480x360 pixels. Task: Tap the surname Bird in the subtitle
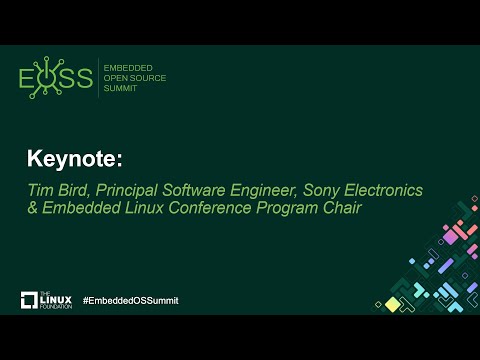[71, 190]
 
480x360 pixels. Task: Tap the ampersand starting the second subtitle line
[32, 209]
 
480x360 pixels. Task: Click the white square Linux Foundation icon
[30, 301]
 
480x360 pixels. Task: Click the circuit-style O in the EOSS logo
[47, 78]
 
